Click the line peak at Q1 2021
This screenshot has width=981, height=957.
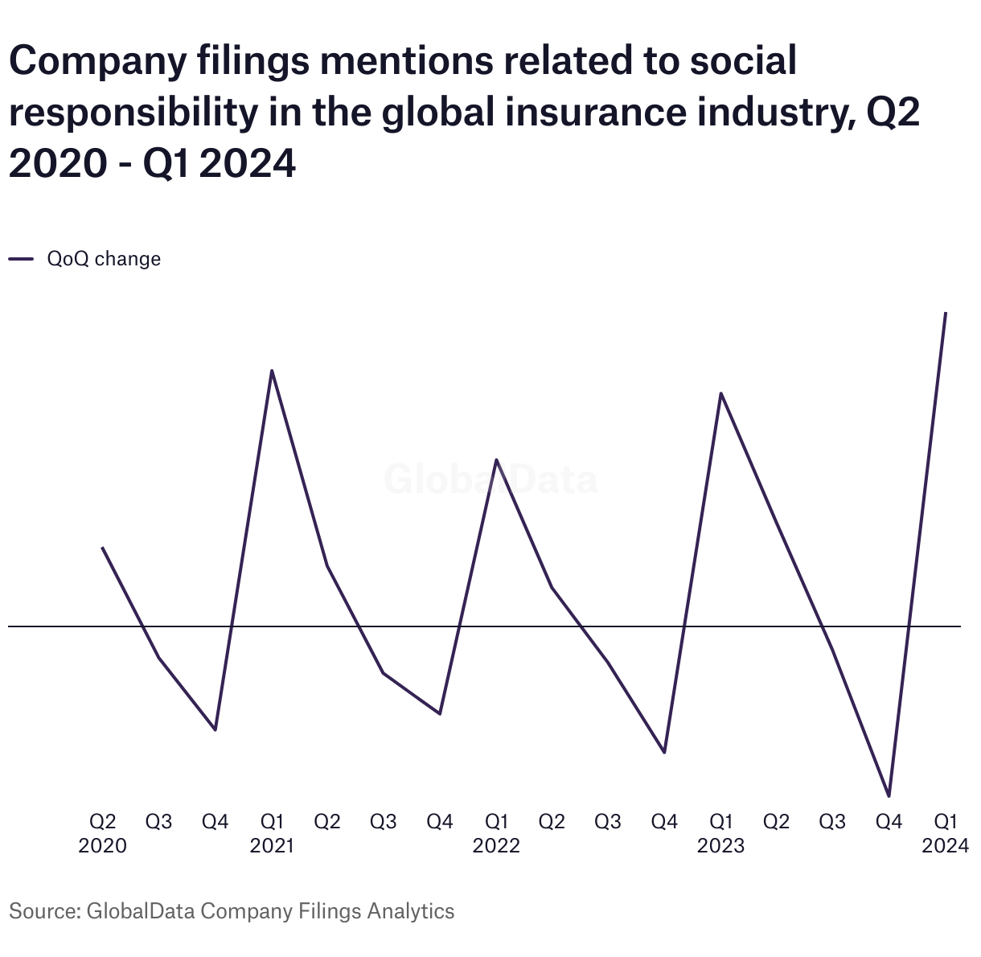pyautogui.click(x=272, y=371)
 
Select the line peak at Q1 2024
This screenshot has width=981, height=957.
pyautogui.click(x=946, y=313)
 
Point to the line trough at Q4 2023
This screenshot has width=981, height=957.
pyautogui.click(x=889, y=796)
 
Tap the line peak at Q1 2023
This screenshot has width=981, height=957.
pyautogui.click(x=720, y=393)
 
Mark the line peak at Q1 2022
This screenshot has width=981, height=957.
pyautogui.click(x=496, y=460)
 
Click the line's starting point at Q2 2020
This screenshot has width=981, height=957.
pyautogui.click(x=102, y=548)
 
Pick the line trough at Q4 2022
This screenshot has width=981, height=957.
pyautogui.click(x=664, y=752)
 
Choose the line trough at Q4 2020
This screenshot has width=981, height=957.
pyautogui.click(x=215, y=729)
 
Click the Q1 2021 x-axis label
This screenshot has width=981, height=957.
pyautogui.click(x=272, y=833)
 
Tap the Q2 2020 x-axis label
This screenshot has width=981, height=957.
pyautogui.click(x=102, y=833)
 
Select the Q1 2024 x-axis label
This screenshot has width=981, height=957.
pyautogui.click(x=946, y=833)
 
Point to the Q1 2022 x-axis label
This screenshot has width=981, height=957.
pyautogui.click(x=496, y=833)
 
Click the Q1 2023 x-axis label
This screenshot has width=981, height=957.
pyautogui.click(x=720, y=833)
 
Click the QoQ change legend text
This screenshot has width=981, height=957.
pyautogui.click(x=104, y=259)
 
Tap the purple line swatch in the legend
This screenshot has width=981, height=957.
pyautogui.click(x=21, y=259)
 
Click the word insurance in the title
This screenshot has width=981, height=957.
pyautogui.click(x=594, y=113)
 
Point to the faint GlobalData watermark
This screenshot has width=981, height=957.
pyautogui.click(x=490, y=480)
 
